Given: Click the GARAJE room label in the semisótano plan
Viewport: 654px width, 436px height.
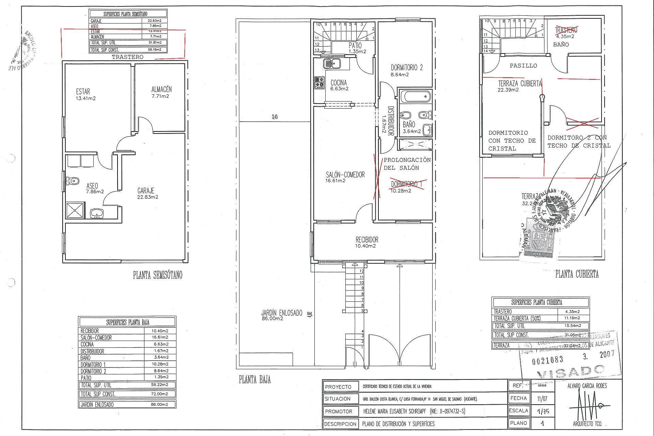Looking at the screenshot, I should point(146,191).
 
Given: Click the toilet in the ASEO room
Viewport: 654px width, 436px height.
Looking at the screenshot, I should point(73,181).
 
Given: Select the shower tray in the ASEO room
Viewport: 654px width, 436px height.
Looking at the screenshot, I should point(75,210).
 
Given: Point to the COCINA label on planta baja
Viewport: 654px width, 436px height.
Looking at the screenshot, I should point(339,83).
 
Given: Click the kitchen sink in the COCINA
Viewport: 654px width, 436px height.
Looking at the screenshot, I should point(332,63).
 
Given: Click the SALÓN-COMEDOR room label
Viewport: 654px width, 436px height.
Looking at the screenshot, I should point(345,175).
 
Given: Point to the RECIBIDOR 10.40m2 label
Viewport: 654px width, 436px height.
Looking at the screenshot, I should point(367,242).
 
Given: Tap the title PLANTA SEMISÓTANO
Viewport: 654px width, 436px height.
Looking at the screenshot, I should point(157,275).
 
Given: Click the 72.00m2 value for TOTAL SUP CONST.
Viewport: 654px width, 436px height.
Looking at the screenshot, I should point(159,394).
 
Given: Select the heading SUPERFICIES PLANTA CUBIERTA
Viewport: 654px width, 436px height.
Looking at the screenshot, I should point(536,302).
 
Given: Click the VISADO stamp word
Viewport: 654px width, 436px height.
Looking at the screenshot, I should point(571,372).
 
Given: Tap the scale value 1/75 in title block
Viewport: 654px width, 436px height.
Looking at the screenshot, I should point(543,411).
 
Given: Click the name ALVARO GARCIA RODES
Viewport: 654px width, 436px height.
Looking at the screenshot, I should point(587,386).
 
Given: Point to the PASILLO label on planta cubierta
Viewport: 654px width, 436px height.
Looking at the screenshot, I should point(523,66).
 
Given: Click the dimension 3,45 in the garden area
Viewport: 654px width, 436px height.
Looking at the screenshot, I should point(275,117).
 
